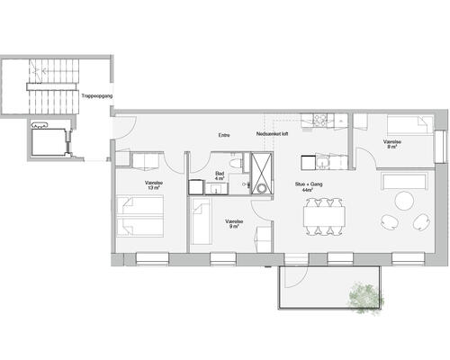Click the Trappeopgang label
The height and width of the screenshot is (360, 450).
pyautogui.click(x=97, y=96)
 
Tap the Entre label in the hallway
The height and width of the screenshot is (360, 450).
pyautogui.click(x=224, y=135)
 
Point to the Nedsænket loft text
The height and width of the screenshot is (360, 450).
pyautogui.click(x=272, y=134)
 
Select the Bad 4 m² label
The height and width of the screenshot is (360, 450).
pyautogui.click(x=220, y=175)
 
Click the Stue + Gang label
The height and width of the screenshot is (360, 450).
pyautogui.click(x=309, y=186)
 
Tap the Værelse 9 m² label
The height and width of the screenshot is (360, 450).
pyautogui.click(x=234, y=224)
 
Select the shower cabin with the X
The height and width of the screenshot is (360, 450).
pyautogui.click(x=262, y=173)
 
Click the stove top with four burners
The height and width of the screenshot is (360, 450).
pyautogui.click(x=320, y=119)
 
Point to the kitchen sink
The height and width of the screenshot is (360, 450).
pyautogui.click(x=323, y=163)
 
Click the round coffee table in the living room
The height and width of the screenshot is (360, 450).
pyautogui.click(x=404, y=201)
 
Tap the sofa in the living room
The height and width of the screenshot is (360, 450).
pyautogui.click(x=405, y=180)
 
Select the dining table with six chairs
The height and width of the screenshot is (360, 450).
pyautogui.click(x=324, y=216)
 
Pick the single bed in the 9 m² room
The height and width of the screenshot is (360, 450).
pyautogui.click(x=202, y=221)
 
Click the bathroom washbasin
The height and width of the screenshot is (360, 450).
pyautogui.click(x=216, y=188)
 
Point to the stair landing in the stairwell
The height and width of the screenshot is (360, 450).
pyautogui.click(x=51, y=86)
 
